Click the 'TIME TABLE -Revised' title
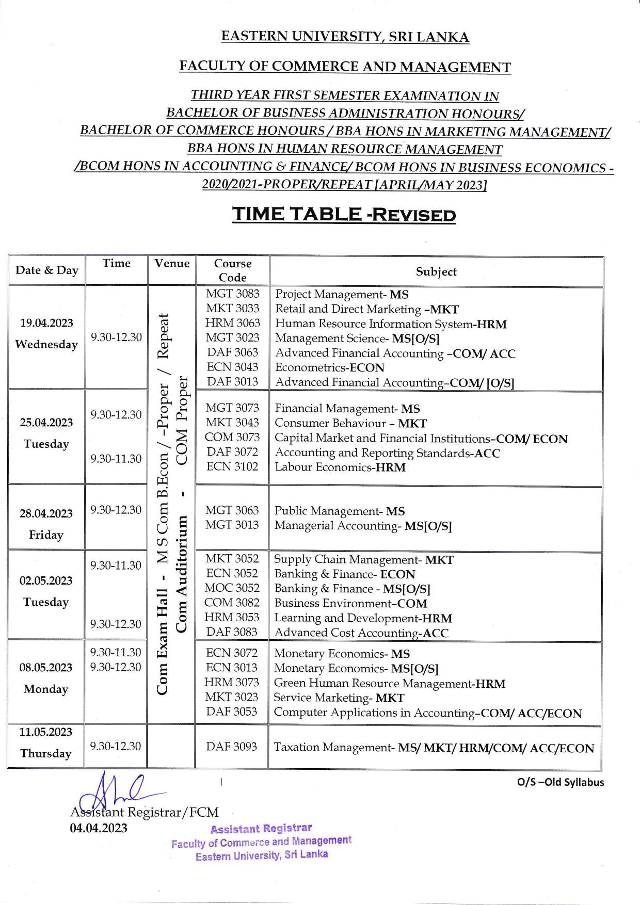point(344,214)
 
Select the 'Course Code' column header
point(233,270)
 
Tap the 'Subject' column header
point(436,271)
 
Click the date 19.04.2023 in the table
point(46,323)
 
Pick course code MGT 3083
point(233,294)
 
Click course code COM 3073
point(232,437)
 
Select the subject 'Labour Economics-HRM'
point(340,467)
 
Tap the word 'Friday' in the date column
point(46,535)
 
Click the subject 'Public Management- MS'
point(339,511)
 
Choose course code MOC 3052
point(232,588)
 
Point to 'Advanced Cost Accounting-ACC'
point(361,633)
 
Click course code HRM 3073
point(232,682)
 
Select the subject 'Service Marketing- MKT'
point(339,698)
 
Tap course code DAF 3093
point(232,747)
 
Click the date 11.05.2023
point(46,732)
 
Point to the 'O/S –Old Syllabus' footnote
point(560,782)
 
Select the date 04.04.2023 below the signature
point(99,828)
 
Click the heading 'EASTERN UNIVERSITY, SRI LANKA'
point(345,37)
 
